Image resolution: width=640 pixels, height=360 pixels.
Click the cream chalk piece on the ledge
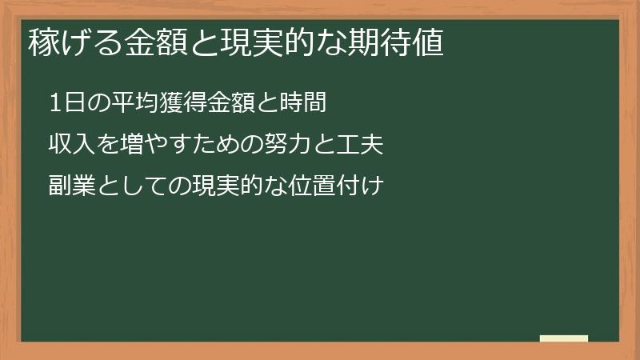563,338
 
